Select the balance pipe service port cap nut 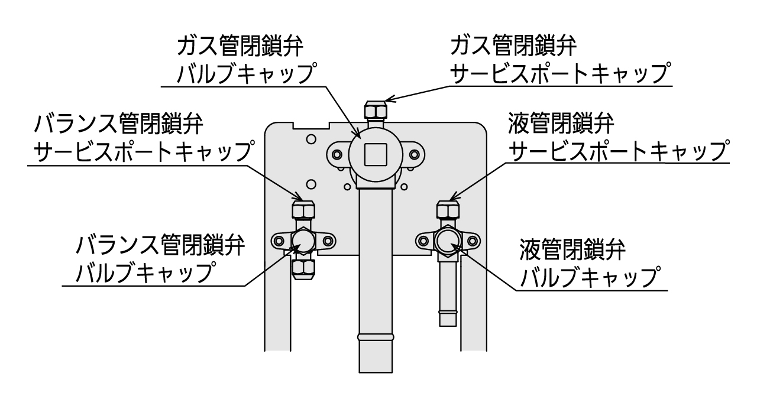pos(303,210)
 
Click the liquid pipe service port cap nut pos(448,210)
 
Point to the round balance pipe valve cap pos(303,241)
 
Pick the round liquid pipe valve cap pos(447,241)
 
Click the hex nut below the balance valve pos(303,268)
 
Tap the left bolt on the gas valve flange pos(337,155)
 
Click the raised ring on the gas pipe pos(376,337)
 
